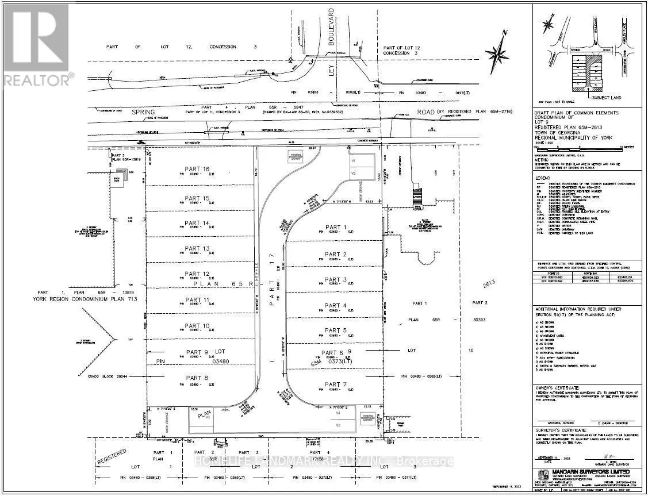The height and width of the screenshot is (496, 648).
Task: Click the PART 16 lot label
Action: coord(197,169)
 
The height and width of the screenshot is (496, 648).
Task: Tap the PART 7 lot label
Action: coord(335,384)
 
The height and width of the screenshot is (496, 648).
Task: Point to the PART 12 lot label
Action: coord(197,274)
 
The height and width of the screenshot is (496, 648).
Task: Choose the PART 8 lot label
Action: coord(197,378)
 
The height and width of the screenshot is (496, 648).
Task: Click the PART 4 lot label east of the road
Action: coord(335,305)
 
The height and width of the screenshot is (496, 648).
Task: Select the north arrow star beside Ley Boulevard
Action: coord(495,53)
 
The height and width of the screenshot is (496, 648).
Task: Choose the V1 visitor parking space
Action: coord(354,160)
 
